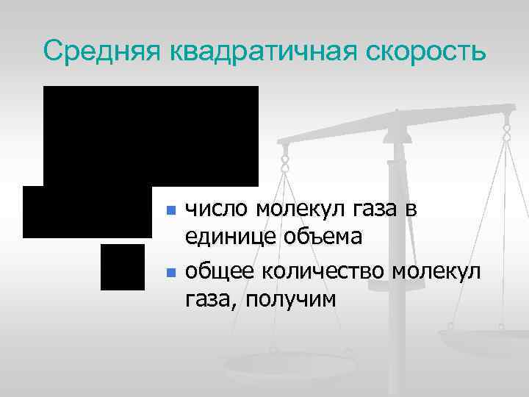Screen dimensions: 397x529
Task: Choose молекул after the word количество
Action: pyautogui.click(x=436, y=271)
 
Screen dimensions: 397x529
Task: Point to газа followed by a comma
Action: pyautogui.click(x=212, y=299)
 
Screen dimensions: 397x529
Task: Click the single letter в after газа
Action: pyautogui.click(x=411, y=210)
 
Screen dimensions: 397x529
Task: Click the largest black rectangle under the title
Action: pyautogui.click(x=151, y=135)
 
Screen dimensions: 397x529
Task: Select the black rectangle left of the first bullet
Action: pyautogui.click(x=87, y=212)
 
